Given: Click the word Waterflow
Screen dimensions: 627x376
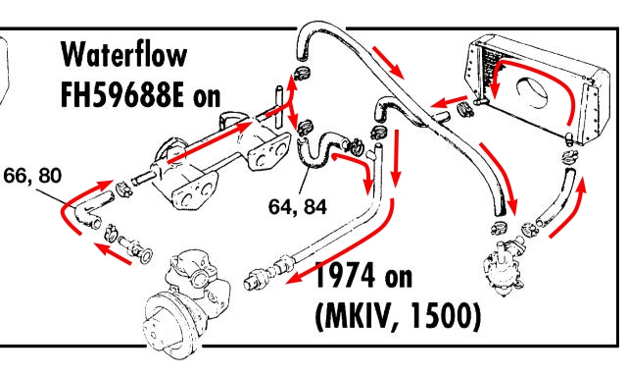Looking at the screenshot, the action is [x=124, y=55].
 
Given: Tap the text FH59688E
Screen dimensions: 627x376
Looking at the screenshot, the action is [x=121, y=94].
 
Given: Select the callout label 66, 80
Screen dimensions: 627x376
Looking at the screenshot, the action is [x=32, y=176].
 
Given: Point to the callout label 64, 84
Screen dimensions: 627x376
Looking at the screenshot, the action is [x=298, y=207].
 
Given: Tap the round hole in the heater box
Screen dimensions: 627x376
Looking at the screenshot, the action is [x=532, y=92].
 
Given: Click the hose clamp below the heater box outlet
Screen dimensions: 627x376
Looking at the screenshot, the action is [x=570, y=156].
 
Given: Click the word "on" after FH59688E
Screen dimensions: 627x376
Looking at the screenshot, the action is [x=207, y=97].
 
